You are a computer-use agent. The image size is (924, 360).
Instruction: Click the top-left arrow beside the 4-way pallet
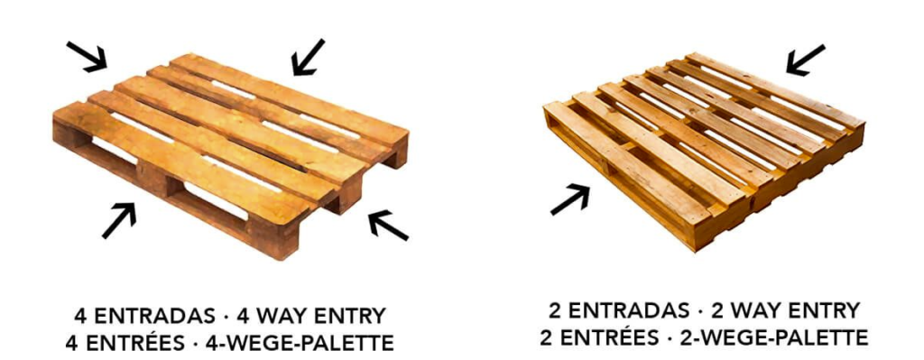click(88, 55)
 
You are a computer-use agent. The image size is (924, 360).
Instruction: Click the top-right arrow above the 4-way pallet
click(308, 56)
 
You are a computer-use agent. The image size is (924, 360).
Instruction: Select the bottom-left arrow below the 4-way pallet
click(119, 220)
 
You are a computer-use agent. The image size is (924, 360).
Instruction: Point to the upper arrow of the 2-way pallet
click(805, 60)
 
